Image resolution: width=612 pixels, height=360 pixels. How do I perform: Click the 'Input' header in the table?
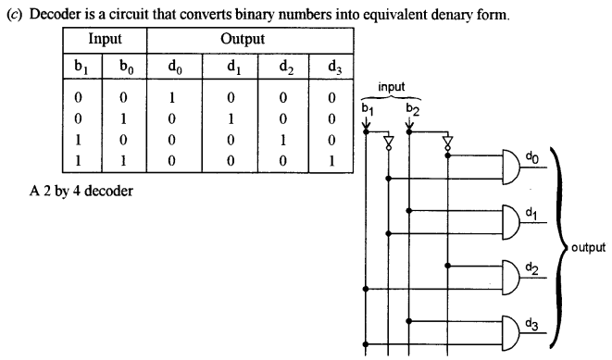click(x=105, y=40)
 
